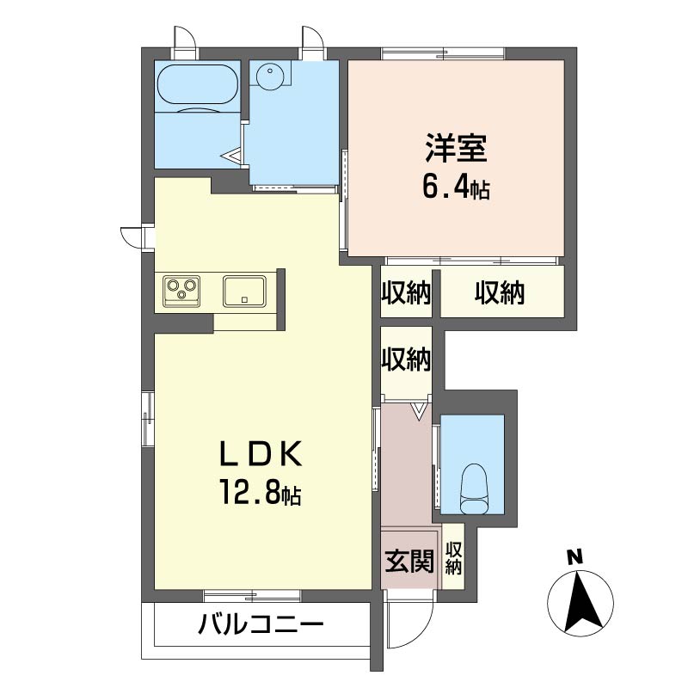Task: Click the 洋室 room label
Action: (456, 149)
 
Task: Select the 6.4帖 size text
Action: (455, 187)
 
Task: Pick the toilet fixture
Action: (473, 487)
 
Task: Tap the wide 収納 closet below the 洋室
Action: (501, 293)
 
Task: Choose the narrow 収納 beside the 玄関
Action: (453, 557)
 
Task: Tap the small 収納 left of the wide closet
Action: (406, 293)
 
